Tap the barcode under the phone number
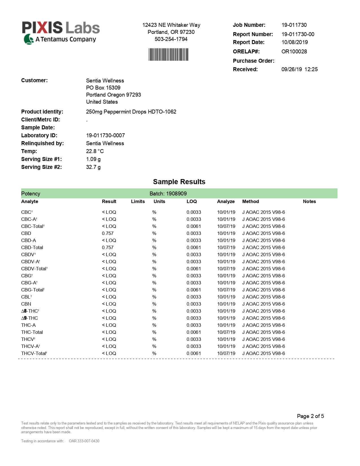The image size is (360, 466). (168, 55)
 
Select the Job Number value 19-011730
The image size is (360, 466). (294, 25)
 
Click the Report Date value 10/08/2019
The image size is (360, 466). (294, 42)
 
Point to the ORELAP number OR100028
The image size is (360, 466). (294, 52)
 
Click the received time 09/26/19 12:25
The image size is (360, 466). (299, 69)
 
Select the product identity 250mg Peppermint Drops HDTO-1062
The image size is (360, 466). (131, 112)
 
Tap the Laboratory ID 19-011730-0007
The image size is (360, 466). (105, 136)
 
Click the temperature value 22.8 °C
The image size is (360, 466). (95, 151)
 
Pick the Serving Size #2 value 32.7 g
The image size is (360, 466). (93, 167)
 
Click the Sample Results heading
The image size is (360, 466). (179, 182)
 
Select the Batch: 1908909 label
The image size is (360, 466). (168, 194)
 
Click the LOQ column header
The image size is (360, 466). (191, 202)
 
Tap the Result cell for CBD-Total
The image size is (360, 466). (108, 248)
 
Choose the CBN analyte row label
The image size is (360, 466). (26, 304)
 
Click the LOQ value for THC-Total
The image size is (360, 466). (194, 332)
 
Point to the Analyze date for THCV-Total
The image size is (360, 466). (226, 354)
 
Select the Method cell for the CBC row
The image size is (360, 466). (263, 212)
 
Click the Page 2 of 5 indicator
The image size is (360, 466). (310, 416)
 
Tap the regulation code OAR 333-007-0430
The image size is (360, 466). (84, 441)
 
